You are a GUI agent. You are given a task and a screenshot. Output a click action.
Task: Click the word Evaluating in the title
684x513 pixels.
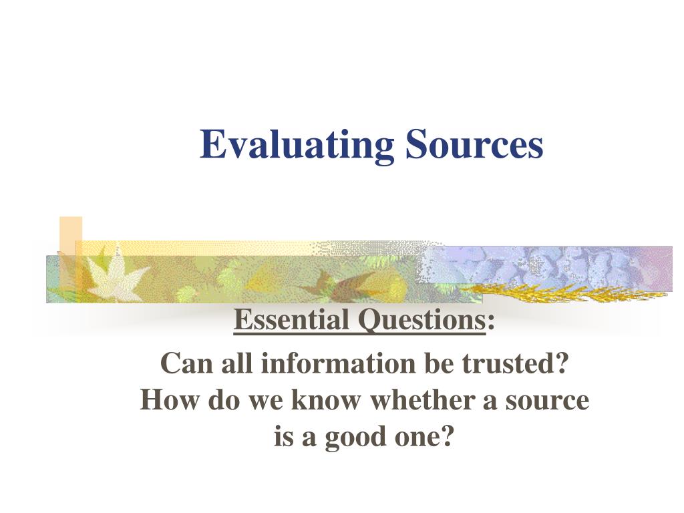[x=297, y=145]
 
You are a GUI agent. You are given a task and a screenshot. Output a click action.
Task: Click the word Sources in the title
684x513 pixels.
[x=475, y=144]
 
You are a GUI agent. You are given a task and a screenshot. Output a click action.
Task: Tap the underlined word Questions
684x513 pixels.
[x=422, y=321]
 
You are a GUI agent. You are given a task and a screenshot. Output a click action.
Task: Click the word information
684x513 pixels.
[x=338, y=363]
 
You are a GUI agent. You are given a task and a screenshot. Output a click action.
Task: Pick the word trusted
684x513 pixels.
[x=515, y=363]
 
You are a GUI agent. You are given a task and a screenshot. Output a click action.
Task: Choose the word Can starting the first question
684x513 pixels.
[x=188, y=363]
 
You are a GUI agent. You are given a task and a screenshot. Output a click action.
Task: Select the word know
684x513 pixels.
[x=326, y=399]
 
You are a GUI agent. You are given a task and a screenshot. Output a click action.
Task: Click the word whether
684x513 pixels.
[x=422, y=399]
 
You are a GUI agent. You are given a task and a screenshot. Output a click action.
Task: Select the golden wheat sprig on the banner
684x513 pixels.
[x=562, y=293]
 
